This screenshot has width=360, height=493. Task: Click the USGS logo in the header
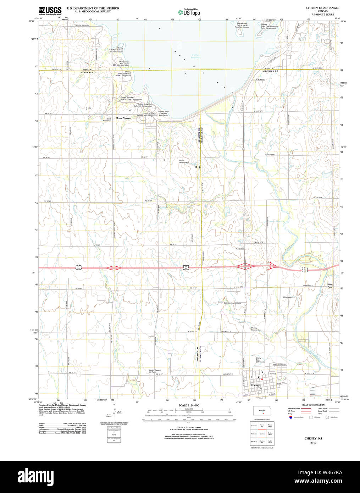point(50,10)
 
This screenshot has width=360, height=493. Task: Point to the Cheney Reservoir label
point(196,56)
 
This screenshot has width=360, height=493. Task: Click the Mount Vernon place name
point(123,118)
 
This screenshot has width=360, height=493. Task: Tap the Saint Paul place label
point(330,286)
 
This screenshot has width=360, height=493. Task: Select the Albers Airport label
point(289,297)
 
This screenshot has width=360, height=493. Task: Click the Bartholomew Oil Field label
point(232,303)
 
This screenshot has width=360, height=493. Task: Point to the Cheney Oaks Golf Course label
point(260,360)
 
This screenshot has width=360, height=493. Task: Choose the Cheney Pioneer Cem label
point(256,329)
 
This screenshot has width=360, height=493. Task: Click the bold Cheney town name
point(255,385)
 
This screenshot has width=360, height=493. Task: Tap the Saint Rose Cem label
point(106,120)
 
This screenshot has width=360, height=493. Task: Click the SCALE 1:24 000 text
point(189,405)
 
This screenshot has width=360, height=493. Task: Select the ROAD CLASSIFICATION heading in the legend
point(313,405)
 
